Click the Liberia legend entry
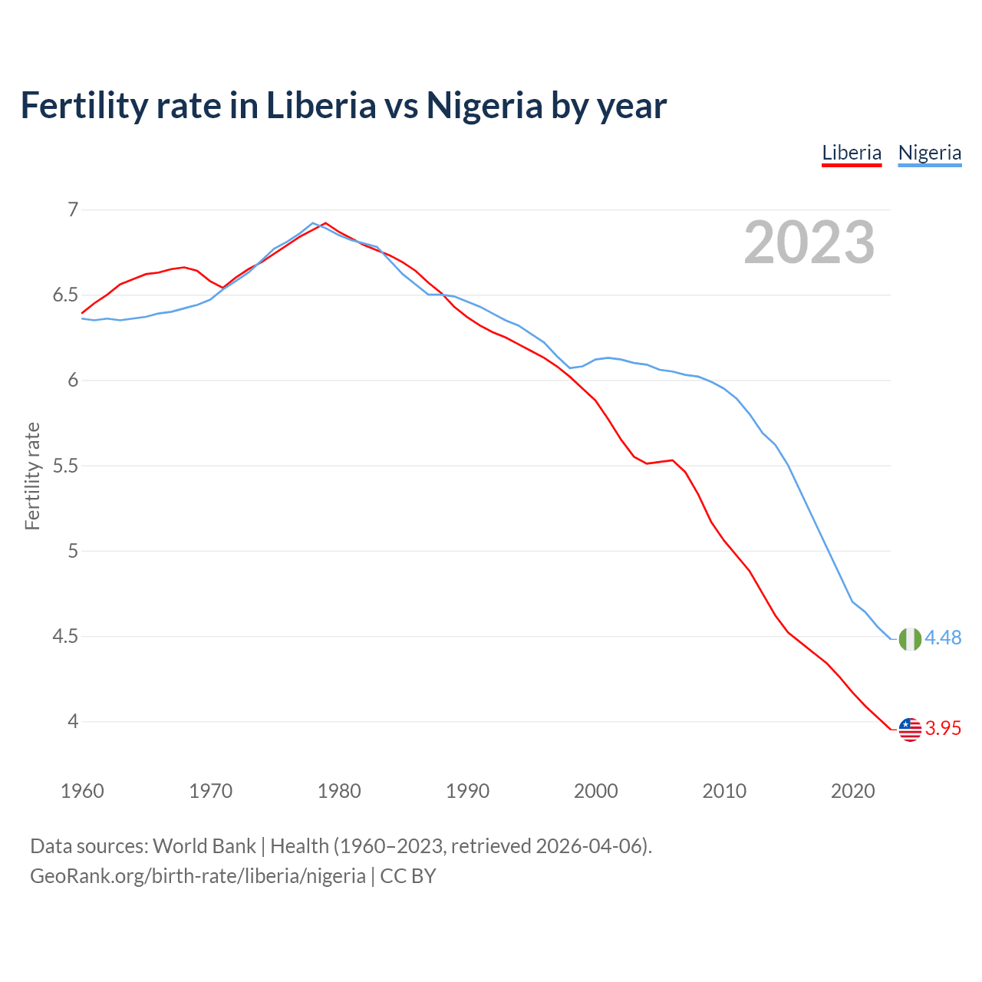(852, 153)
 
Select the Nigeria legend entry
(929, 153)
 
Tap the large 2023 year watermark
(809, 242)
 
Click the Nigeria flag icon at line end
(910, 638)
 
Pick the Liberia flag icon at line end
(910, 729)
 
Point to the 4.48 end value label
(943, 638)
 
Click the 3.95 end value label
(943, 729)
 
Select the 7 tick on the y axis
(73, 209)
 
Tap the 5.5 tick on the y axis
(66, 466)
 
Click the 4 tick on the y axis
(73, 721)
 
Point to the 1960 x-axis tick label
(82, 791)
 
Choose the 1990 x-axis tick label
(467, 791)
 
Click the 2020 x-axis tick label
(852, 791)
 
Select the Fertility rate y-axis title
(32, 476)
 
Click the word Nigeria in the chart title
(484, 105)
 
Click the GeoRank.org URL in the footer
(197, 876)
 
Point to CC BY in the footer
(408, 876)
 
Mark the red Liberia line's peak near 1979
(325, 223)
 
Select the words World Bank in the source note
(204, 846)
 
